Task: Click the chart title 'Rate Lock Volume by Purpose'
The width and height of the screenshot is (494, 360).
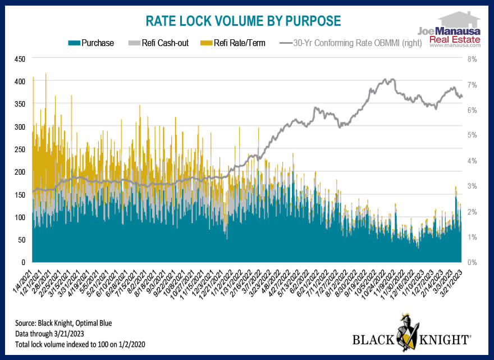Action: [246, 21]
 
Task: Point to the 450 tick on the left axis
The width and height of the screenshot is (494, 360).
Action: [20, 58]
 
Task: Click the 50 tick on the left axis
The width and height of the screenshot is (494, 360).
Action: [21, 240]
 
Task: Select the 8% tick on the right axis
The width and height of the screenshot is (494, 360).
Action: [472, 58]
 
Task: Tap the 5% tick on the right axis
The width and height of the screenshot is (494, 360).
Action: [472, 135]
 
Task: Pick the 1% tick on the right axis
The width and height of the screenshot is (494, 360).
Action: [472, 237]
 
